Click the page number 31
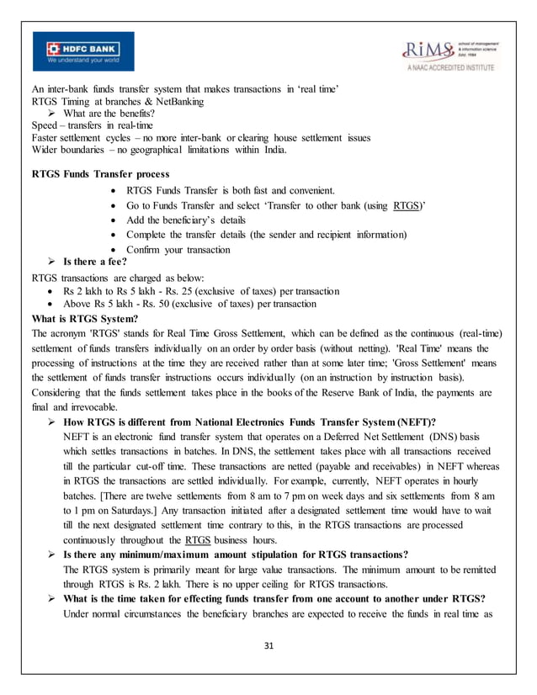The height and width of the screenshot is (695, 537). coord(268,645)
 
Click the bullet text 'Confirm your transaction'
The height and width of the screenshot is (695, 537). coord(178,250)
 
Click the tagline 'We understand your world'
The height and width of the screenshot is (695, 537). coord(75,61)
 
